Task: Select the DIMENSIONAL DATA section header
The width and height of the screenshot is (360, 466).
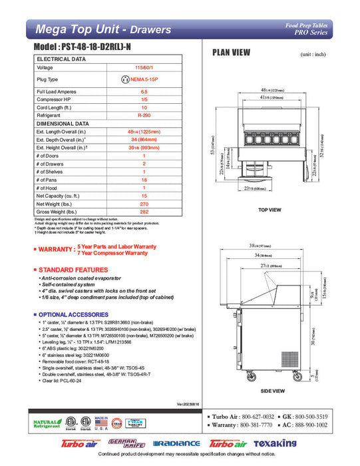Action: pyautogui.click(x=63, y=123)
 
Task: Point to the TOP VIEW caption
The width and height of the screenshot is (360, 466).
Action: pyautogui.click(x=270, y=210)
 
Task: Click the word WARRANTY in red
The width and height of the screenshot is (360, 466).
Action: pyautogui.click(x=57, y=249)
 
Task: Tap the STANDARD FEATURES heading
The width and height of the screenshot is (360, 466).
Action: pyautogui.click(x=73, y=270)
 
